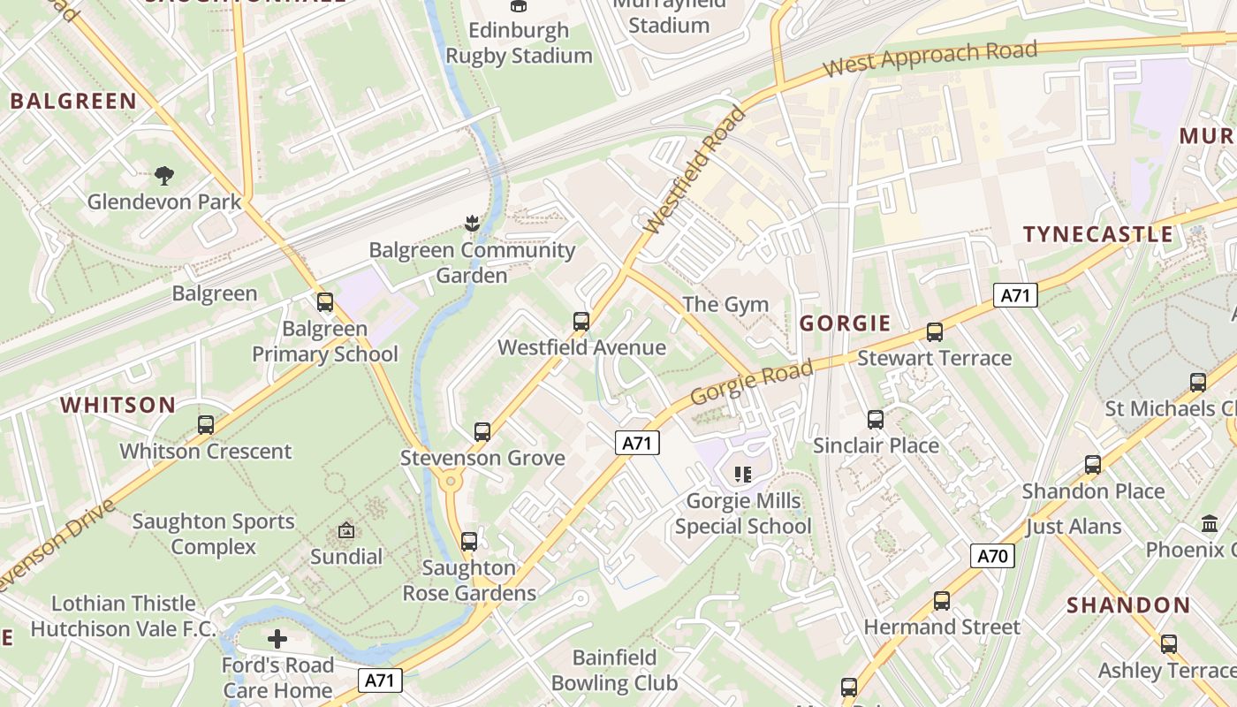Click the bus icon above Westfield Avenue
pyautogui.click(x=581, y=321)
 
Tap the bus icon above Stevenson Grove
pyautogui.click(x=482, y=431)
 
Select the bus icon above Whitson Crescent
pyautogui.click(x=206, y=424)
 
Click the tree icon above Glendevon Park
pyautogui.click(x=164, y=175)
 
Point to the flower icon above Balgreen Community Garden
pyautogui.click(x=471, y=224)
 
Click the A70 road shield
pyautogui.click(x=992, y=556)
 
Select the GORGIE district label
pyautogui.click(x=845, y=323)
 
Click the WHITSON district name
pyautogui.click(x=118, y=406)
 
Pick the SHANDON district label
pyautogui.click(x=1128, y=605)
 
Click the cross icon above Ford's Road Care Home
pyautogui.click(x=277, y=638)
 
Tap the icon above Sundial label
pyautogui.click(x=346, y=531)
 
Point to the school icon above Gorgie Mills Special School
pyautogui.click(x=742, y=475)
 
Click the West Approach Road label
pyautogui.click(x=930, y=58)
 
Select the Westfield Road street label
pyautogui.click(x=695, y=170)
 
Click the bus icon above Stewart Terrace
pyautogui.click(x=934, y=331)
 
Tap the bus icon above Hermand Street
pyautogui.click(x=942, y=600)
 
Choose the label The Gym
pyautogui.click(x=725, y=305)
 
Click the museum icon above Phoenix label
pyautogui.click(x=1210, y=523)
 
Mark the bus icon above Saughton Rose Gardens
pyautogui.click(x=468, y=541)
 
